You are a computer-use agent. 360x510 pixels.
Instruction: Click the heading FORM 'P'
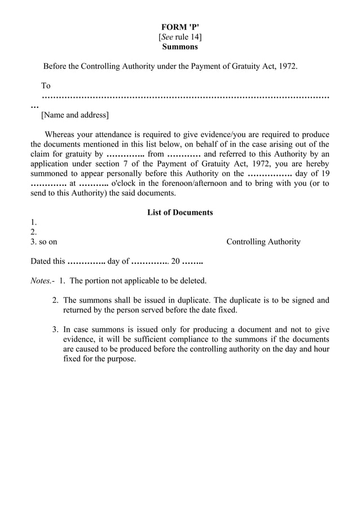click(180, 27)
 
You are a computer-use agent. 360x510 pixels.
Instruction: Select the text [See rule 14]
click(180, 37)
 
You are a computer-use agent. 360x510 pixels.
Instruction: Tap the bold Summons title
click(180, 47)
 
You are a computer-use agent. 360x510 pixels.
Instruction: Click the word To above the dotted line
click(46, 86)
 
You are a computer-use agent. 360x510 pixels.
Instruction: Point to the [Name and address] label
click(74, 115)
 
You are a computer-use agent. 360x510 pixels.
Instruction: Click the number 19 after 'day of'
click(324, 174)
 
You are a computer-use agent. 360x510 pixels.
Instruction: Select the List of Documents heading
click(180, 213)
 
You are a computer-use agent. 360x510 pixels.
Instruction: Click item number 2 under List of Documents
click(33, 232)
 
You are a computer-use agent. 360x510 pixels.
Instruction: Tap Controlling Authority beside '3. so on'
click(263, 242)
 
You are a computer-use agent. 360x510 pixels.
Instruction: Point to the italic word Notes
click(42, 281)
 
